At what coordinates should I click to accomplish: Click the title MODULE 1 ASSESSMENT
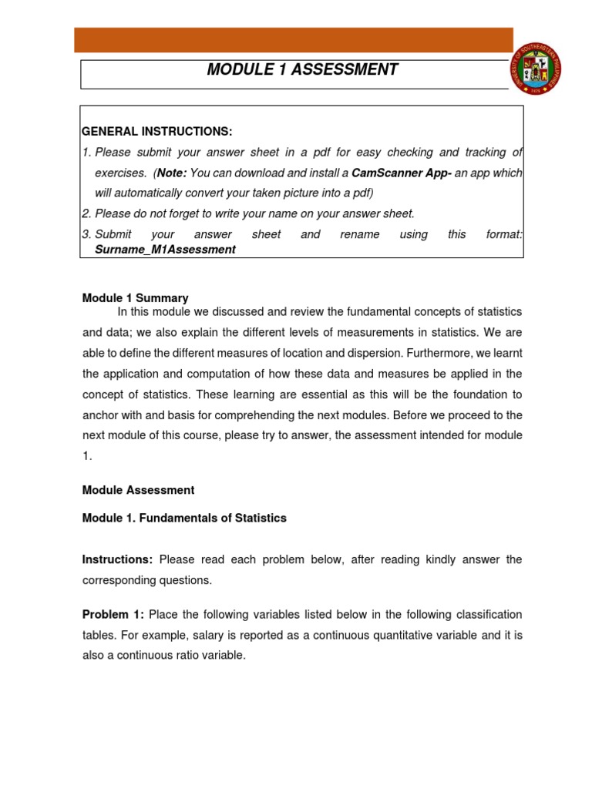click(302, 70)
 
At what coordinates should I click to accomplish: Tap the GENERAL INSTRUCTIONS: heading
click(157, 132)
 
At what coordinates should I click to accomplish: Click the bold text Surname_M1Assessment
click(165, 250)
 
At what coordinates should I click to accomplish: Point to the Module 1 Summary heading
click(135, 297)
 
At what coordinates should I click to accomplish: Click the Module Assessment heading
click(138, 490)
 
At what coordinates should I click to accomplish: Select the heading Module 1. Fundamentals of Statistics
click(184, 518)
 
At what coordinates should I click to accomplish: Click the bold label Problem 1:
click(113, 614)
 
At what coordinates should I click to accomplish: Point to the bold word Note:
click(171, 173)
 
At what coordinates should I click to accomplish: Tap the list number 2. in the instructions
click(87, 213)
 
